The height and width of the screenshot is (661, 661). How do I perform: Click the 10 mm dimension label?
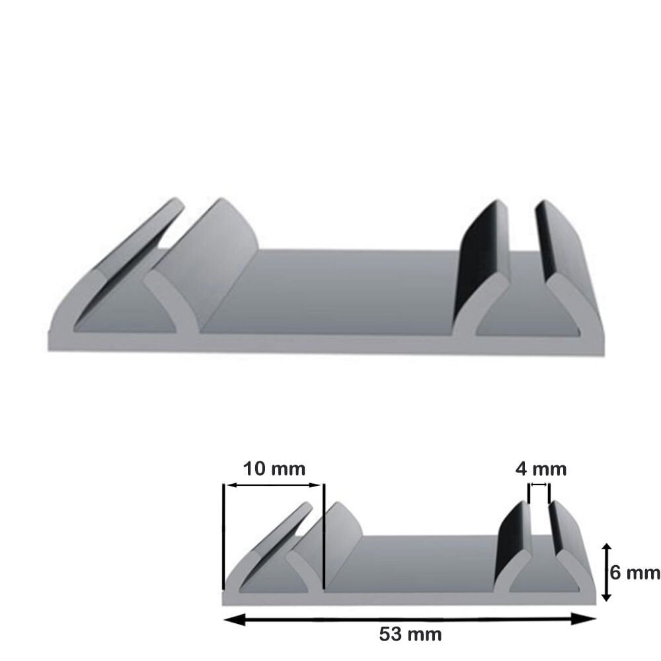pyautogui.click(x=274, y=469)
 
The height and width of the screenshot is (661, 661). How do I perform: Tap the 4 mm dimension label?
pyautogui.click(x=541, y=469)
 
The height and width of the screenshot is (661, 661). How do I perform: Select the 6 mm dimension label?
pyautogui.click(x=634, y=572)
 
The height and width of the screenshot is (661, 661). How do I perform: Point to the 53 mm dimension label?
pyautogui.click(x=410, y=635)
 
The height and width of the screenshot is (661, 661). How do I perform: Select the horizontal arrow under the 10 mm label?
pyautogui.click(x=274, y=485)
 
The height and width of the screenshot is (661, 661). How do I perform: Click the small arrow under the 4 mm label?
pyautogui.click(x=539, y=485)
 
